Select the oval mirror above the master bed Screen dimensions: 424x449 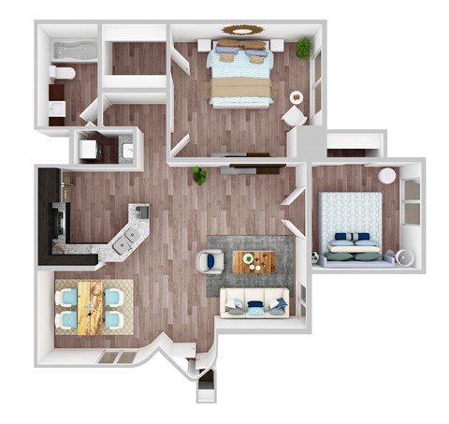[241, 29]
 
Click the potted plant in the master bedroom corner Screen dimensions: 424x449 [304, 47]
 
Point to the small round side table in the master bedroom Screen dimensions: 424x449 [297, 96]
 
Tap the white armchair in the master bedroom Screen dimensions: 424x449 [294, 115]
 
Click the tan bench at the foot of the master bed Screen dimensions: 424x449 [241, 90]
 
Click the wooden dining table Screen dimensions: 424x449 [90, 307]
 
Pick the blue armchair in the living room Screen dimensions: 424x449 [213, 261]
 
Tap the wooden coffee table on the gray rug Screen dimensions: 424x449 [253, 262]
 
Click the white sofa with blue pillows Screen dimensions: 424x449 [253, 302]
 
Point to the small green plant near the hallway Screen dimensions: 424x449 [200, 175]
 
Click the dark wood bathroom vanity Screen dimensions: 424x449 [55, 100]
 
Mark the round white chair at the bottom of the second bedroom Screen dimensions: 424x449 [403, 255]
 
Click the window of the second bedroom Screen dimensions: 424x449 [410, 201]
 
